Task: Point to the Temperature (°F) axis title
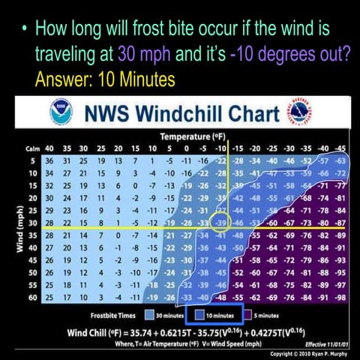(x=191, y=136)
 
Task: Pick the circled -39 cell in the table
(x=221, y=224)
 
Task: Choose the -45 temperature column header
(x=340, y=148)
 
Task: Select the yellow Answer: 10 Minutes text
(x=105, y=79)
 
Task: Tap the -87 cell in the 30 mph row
(x=341, y=224)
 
